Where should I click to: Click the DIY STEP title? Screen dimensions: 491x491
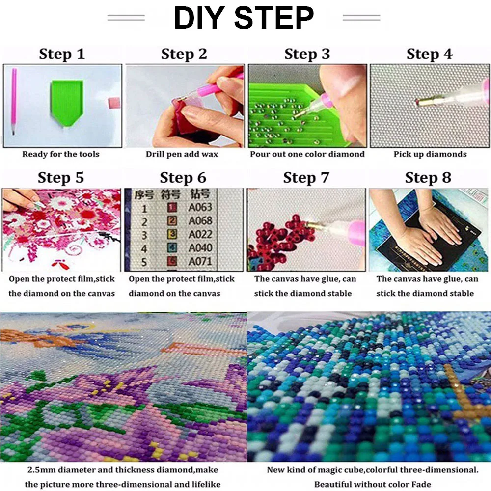[x=244, y=18]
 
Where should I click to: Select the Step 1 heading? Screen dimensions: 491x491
[x=62, y=54]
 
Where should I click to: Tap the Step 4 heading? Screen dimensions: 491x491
[x=429, y=54]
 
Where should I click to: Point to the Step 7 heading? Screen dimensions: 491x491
[x=306, y=178]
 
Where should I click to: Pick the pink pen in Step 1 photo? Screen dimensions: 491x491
[x=13, y=101]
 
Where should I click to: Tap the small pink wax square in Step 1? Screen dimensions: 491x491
[x=114, y=103]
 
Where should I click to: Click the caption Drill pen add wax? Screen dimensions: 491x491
[x=182, y=154]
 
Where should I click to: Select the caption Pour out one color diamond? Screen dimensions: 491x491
[x=307, y=154]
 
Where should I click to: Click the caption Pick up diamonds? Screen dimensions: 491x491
[x=430, y=154]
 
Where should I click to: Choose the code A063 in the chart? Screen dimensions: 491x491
[x=200, y=207]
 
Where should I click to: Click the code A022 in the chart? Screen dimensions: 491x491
[x=200, y=235]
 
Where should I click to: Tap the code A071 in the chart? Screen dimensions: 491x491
[x=200, y=262]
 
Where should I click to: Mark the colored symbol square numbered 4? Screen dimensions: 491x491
[x=171, y=248]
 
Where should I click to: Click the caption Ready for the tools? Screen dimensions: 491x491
[x=61, y=154]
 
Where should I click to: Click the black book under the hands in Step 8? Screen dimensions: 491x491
[x=430, y=238]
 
